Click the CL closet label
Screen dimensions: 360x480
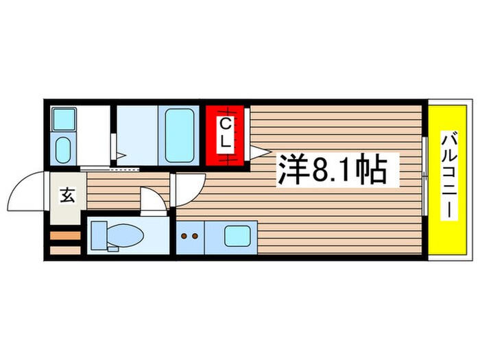point(226,134)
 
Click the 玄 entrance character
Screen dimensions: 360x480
point(67,196)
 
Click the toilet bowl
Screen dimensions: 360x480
point(123,236)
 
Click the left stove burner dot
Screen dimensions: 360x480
point(184,236)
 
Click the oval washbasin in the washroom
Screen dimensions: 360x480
point(62,149)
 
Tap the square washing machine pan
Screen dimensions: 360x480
point(63,119)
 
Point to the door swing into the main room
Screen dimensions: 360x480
point(189,187)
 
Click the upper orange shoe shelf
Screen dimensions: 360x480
point(66,237)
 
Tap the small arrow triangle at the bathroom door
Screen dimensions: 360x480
point(119,156)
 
